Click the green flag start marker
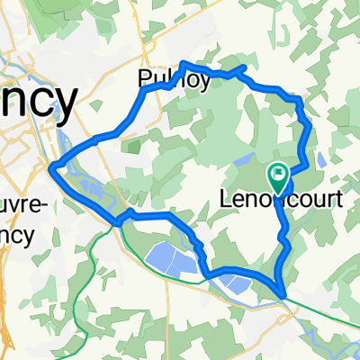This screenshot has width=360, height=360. (279, 172)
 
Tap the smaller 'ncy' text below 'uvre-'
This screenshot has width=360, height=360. (18, 234)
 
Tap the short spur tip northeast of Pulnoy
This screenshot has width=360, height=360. (245, 67)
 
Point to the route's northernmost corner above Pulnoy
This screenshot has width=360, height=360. (184, 63)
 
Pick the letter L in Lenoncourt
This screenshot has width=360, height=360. (226, 202)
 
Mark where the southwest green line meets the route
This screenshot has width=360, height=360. (117, 221)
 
